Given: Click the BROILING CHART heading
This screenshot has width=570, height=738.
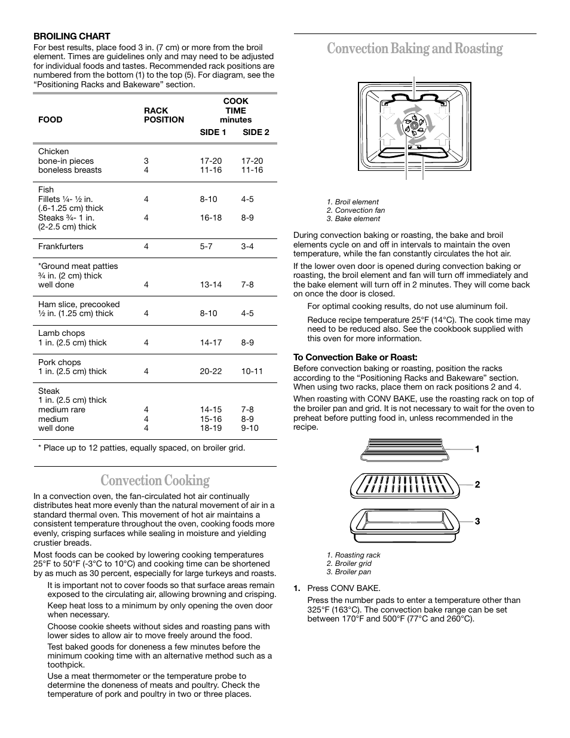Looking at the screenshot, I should tap(72, 36).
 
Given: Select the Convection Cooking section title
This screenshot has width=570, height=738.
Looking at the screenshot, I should tap(155, 480).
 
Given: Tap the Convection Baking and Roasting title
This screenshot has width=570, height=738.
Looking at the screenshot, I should tap(415, 48).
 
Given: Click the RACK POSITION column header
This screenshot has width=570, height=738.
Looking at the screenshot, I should tap(164, 115).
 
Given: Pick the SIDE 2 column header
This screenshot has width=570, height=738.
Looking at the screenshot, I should tap(256, 132).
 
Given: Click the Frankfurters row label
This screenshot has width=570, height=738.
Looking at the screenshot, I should tap(60, 246).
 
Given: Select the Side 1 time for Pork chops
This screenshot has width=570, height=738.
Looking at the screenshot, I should tap(211, 371).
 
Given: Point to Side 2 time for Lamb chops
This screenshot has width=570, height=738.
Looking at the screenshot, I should tap(247, 342).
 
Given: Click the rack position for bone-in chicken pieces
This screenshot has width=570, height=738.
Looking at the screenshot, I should tap(146, 161).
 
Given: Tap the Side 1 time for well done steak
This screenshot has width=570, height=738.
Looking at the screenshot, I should tap(211, 428).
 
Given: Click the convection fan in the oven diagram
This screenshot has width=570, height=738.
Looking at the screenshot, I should tap(413, 124).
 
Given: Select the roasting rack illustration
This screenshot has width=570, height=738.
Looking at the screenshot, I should tap(404, 449).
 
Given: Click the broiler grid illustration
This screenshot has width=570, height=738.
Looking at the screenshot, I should tap(404, 485).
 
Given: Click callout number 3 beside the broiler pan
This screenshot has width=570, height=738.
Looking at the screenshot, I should tap(477, 522).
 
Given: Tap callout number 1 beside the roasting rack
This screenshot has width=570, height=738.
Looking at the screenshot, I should tap(477, 449).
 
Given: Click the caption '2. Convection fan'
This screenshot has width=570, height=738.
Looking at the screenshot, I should tap(356, 210).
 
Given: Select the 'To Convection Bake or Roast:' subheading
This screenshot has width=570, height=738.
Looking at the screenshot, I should tap(355, 357).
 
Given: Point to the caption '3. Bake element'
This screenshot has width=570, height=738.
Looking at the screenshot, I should tap(353, 219).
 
